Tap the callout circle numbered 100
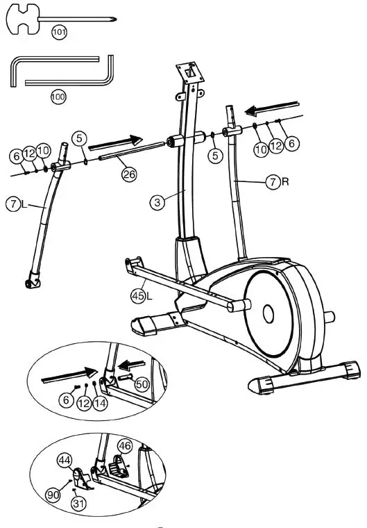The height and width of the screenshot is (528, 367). click(x=58, y=97)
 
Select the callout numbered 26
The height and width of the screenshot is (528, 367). click(x=129, y=174)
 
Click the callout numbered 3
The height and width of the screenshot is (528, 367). click(x=159, y=202)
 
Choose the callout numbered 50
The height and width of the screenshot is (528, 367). click(x=142, y=383)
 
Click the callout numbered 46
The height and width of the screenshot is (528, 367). click(x=124, y=445)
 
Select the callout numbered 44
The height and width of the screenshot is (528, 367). click(x=65, y=459)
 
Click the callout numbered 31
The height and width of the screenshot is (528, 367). click(x=78, y=505)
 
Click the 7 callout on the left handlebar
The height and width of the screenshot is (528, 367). click(x=13, y=205)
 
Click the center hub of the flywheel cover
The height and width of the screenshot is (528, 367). click(x=268, y=313)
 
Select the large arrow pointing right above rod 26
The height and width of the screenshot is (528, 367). click(x=114, y=142)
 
